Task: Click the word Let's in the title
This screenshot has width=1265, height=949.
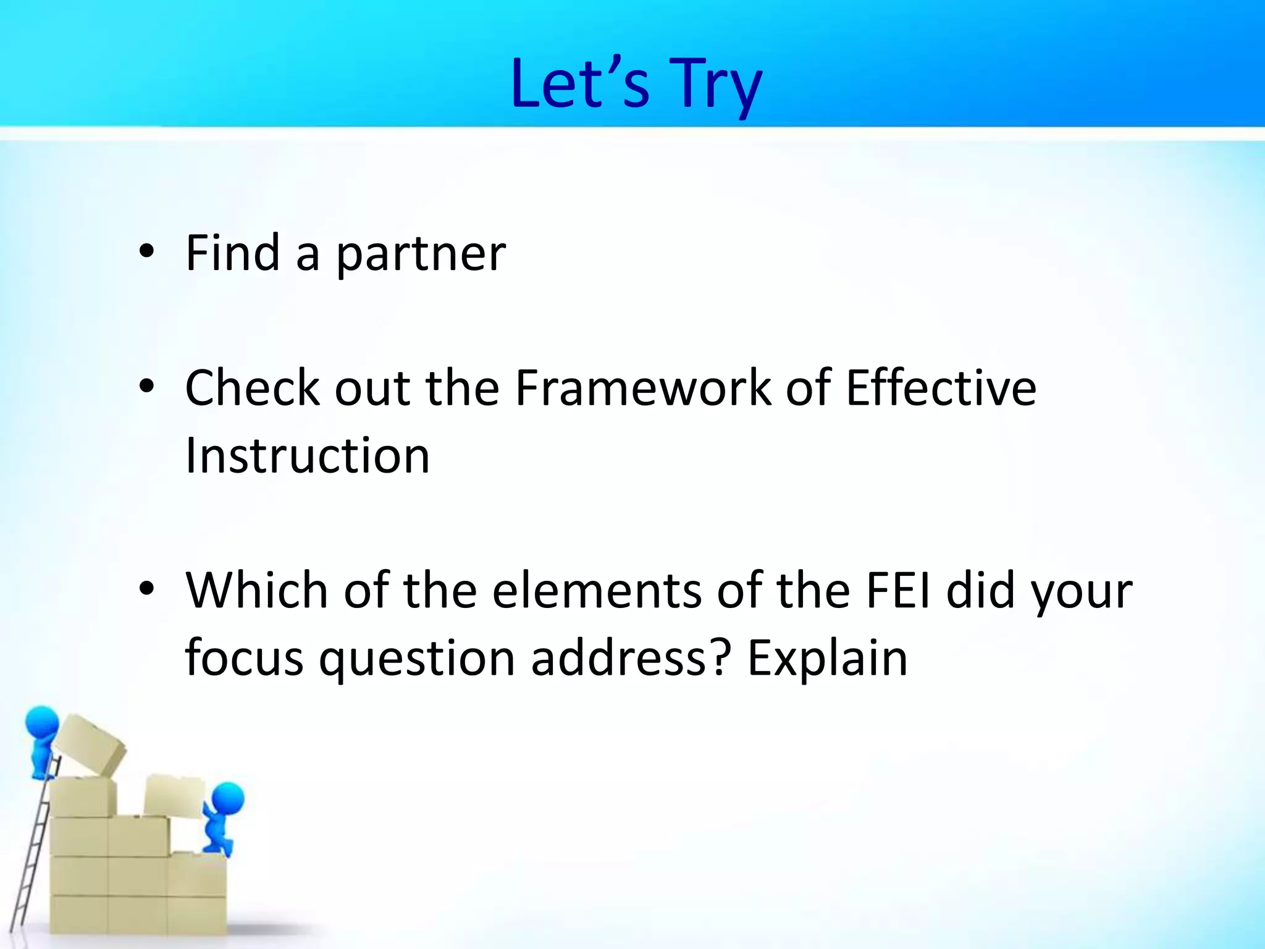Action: (580, 83)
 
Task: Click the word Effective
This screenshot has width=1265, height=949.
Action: (941, 388)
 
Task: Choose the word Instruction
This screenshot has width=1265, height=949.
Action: (307, 455)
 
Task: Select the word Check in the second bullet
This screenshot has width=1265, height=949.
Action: (252, 388)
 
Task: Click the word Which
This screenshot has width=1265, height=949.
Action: (257, 590)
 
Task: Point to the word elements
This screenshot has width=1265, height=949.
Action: (597, 590)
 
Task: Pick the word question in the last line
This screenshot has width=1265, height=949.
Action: (417, 659)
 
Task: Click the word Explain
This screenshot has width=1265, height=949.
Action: (827, 659)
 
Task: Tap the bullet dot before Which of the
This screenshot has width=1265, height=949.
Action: (146, 589)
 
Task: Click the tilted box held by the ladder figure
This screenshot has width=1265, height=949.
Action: (90, 744)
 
